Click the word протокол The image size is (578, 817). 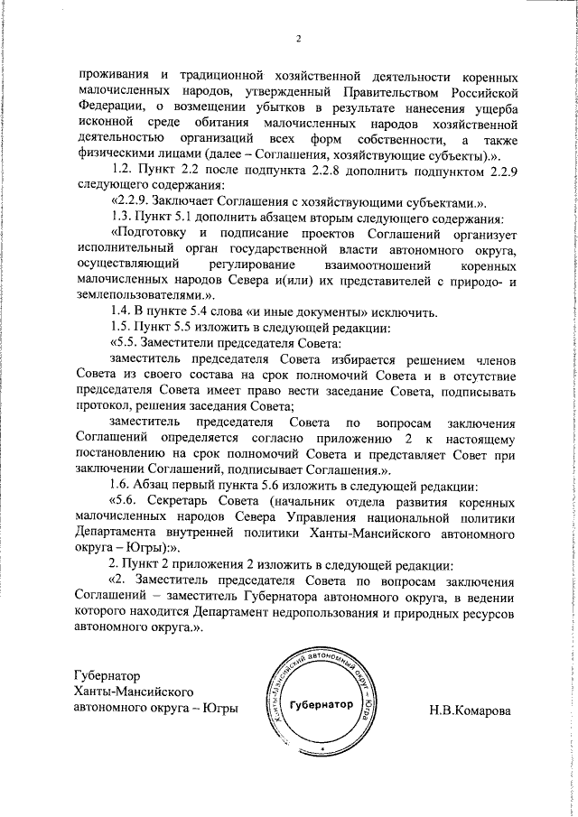105,406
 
